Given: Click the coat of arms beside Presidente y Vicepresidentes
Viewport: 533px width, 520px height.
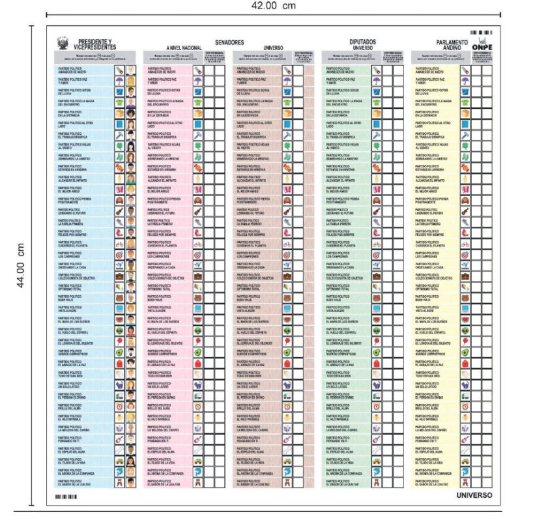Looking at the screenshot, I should coord(62,43).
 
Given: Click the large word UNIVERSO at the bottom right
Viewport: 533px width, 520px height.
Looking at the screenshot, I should coord(474,496).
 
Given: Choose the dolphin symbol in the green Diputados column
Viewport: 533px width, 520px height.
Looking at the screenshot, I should coord(376,471).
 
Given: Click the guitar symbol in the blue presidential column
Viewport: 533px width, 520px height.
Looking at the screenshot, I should coord(119,212).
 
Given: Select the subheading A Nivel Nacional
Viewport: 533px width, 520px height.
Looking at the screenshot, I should coord(184,48).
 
